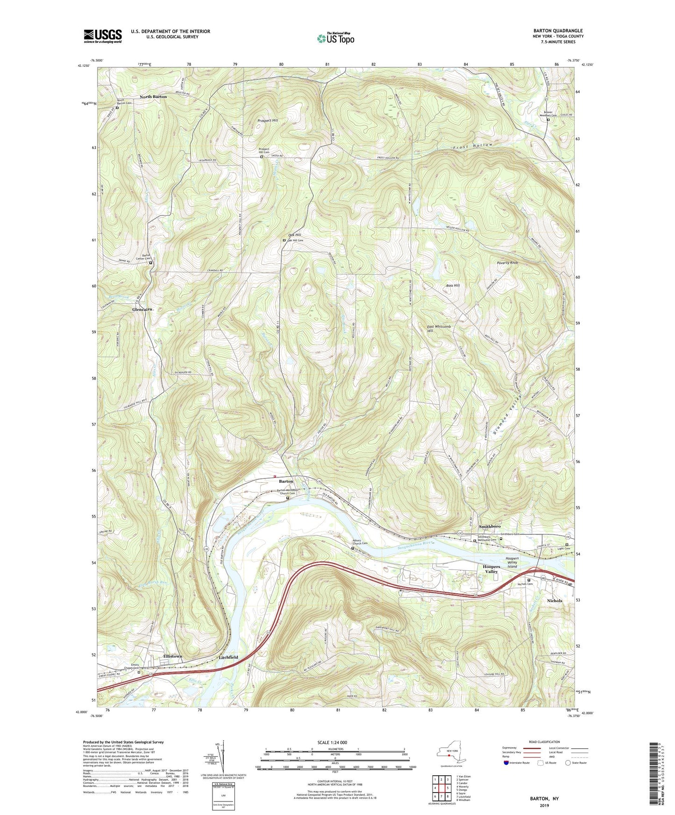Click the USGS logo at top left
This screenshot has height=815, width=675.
pyautogui.click(x=102, y=36)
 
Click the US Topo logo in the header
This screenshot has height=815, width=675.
pyautogui.click(x=335, y=38)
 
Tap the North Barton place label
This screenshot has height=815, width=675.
pyautogui.click(x=153, y=97)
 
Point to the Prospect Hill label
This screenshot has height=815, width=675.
pyautogui.click(x=268, y=120)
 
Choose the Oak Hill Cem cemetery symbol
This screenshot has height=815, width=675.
pyautogui.click(x=284, y=240)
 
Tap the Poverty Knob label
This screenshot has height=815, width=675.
pyautogui.click(x=508, y=262)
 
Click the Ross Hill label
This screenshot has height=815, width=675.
pyautogui.click(x=453, y=285)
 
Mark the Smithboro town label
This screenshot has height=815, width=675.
pyautogui.click(x=489, y=527)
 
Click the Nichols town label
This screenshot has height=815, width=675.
pyautogui.click(x=554, y=601)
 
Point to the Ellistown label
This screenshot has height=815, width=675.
pyautogui.click(x=172, y=656)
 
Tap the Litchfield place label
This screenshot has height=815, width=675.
pyautogui.click(x=228, y=657)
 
